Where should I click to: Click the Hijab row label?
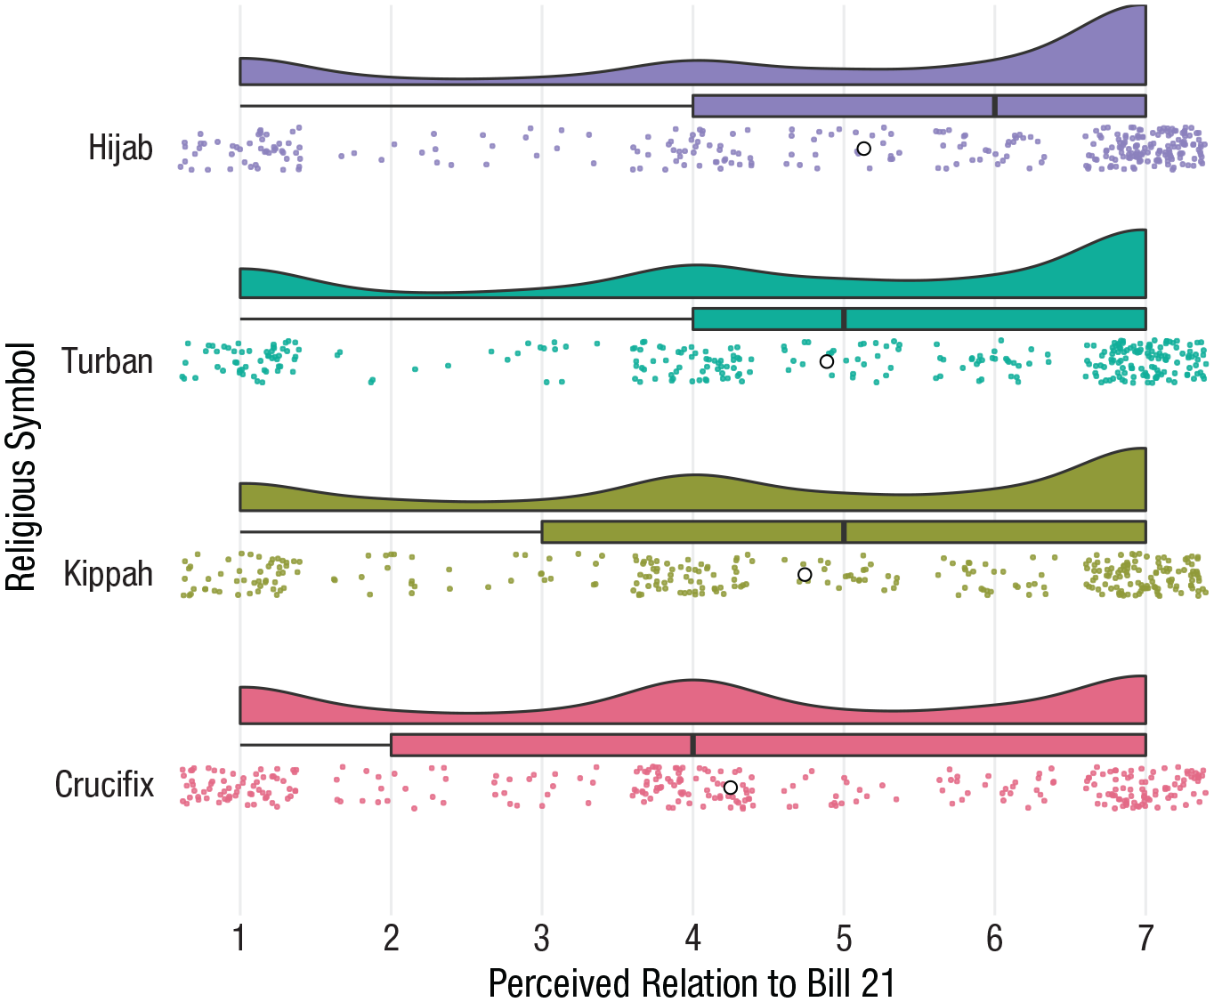tap(120, 148)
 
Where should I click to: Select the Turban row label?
tap(107, 361)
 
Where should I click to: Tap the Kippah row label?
tap(108, 574)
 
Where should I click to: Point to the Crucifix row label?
tap(104, 785)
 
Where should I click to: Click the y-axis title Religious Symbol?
tap(20, 467)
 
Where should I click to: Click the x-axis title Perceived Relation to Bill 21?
tap(692, 983)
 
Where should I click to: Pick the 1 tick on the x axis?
tap(240, 938)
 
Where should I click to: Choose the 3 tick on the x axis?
tap(542, 938)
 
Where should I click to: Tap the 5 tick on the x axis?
tap(844, 938)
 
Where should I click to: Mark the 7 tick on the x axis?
tap(1145, 938)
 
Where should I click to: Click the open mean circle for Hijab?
tap(863, 149)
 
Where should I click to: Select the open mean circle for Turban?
tap(827, 361)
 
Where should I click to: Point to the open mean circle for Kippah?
tap(805, 575)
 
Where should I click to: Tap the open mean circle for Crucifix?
tap(731, 788)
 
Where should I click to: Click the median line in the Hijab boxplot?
tap(994, 106)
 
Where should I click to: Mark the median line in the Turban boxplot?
tap(844, 319)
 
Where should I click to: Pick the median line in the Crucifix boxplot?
tap(693, 745)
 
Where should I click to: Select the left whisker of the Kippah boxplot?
tap(392, 532)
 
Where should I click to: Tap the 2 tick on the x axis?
tap(392, 938)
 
